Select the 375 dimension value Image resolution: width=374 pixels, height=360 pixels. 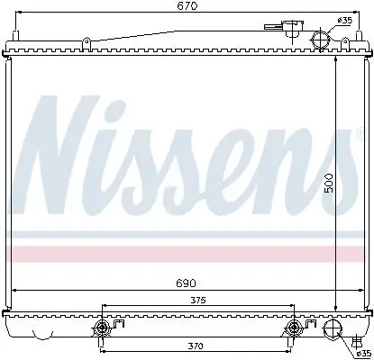coord(198,301)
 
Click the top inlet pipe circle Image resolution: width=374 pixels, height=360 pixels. coord(319,40)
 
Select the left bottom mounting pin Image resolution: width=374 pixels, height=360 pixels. coord(103,328)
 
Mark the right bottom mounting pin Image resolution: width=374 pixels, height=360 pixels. coord(294,328)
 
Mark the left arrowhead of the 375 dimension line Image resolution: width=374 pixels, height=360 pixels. coord(105,306)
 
